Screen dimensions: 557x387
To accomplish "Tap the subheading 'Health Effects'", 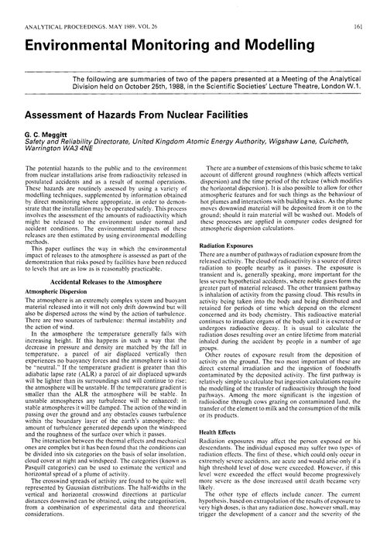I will [220, 432].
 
